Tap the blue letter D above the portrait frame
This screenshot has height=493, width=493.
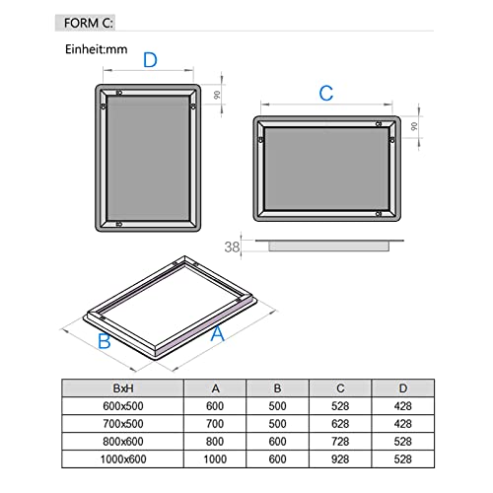click(149, 60)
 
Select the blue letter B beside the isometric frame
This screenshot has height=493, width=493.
click(103, 342)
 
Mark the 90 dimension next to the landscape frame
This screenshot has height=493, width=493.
click(415, 126)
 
